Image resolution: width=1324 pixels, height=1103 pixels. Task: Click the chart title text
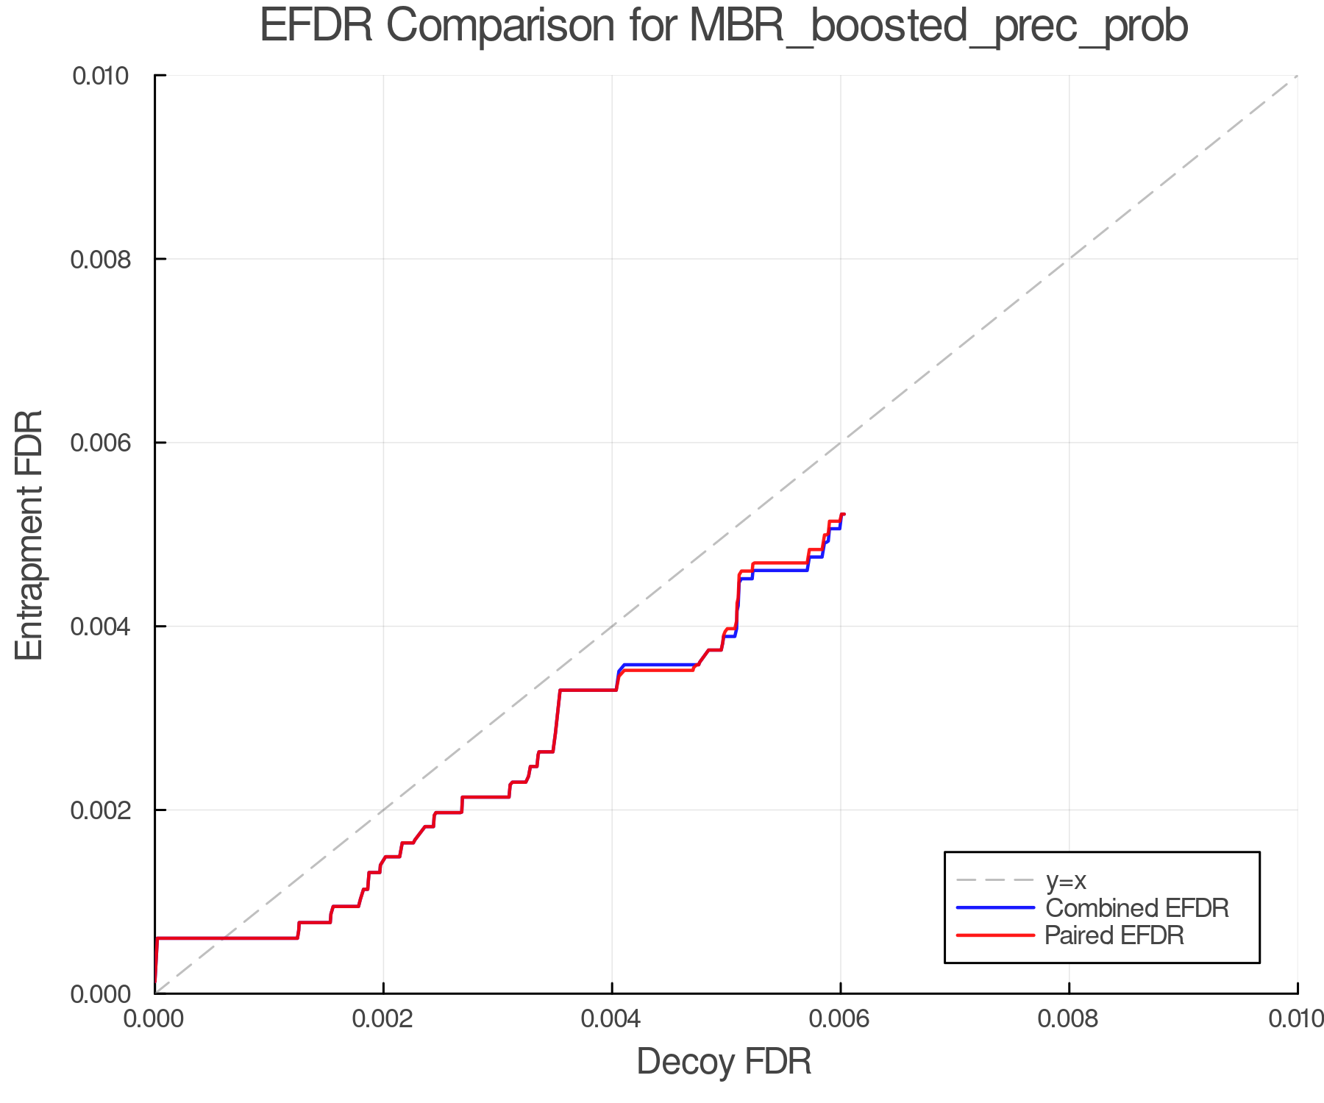point(724,26)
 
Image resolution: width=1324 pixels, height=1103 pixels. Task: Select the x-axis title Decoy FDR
point(724,1061)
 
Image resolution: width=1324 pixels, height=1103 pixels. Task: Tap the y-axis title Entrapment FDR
point(29,535)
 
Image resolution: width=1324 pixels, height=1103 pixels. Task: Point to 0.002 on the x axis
point(383,1019)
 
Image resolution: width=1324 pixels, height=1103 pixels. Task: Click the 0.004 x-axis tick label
point(612,1019)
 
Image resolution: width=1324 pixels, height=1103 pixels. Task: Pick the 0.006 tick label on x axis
point(840,1019)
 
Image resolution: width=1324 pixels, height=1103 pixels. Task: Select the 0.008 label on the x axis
point(1069,1019)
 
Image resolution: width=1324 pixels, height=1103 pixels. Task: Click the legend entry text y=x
point(1066,880)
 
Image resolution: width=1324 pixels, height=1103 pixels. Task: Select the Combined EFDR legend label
point(1136,908)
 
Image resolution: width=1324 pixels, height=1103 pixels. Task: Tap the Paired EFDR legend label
point(1114,935)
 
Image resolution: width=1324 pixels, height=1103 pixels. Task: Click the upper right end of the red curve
point(843,514)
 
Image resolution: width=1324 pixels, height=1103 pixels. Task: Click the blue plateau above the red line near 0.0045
point(658,665)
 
